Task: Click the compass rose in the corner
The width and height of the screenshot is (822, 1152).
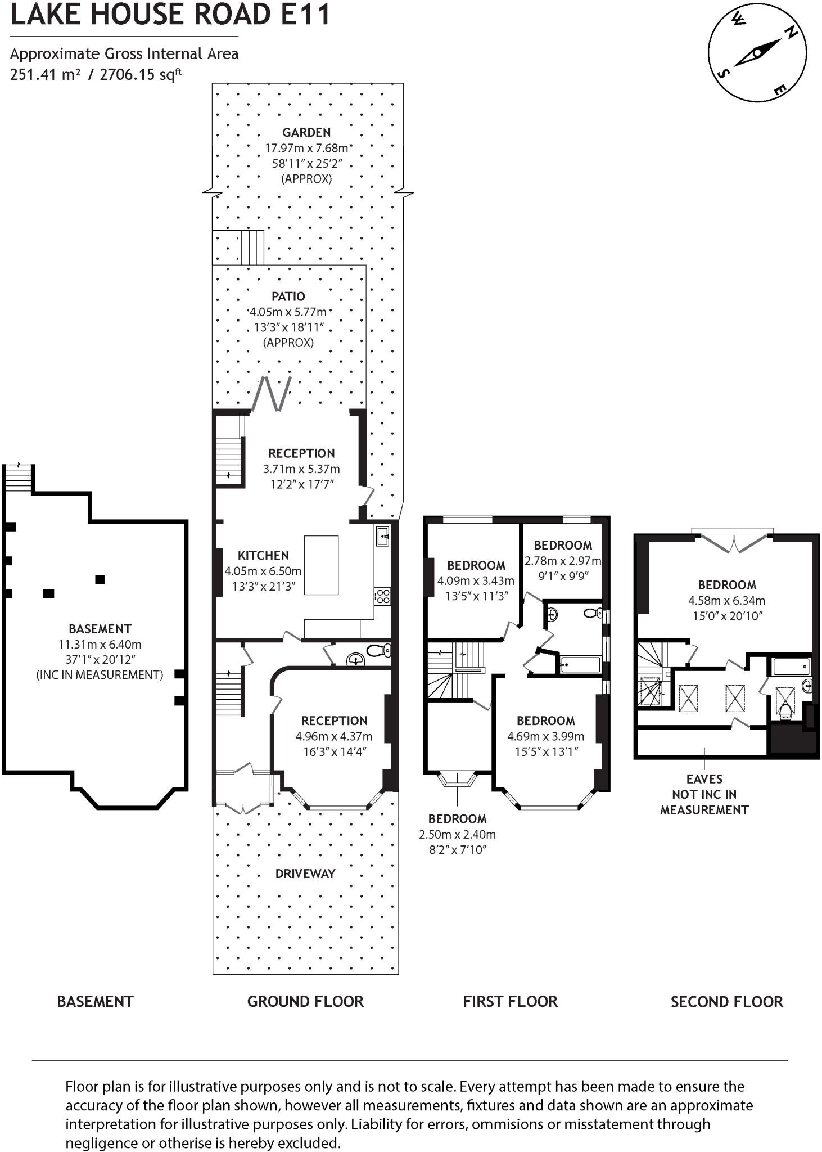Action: coord(757,54)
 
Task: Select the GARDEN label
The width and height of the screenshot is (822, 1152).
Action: coord(306,133)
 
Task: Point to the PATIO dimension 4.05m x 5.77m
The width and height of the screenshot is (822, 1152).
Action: coord(288,312)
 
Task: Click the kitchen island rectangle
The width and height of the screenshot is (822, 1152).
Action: coord(321,565)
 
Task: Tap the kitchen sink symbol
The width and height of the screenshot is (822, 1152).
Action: coord(383,535)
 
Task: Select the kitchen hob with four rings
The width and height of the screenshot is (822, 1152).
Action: coord(382,596)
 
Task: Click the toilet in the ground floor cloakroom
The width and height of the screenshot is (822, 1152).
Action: coord(380,651)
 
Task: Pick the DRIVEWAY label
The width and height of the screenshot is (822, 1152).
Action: coord(305,874)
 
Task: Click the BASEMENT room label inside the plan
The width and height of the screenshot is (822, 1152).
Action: coord(100,629)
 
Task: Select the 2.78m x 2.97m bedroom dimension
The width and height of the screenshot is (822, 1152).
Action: coord(562,561)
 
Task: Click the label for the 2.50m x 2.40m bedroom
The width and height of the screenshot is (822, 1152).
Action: coord(457,819)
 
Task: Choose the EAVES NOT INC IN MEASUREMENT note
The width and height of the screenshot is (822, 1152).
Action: coord(704,794)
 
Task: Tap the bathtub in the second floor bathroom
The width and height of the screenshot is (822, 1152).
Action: coord(791,667)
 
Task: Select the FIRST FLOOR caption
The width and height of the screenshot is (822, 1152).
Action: coord(510,1002)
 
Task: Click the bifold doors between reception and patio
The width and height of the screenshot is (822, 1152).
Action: coord(274,394)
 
